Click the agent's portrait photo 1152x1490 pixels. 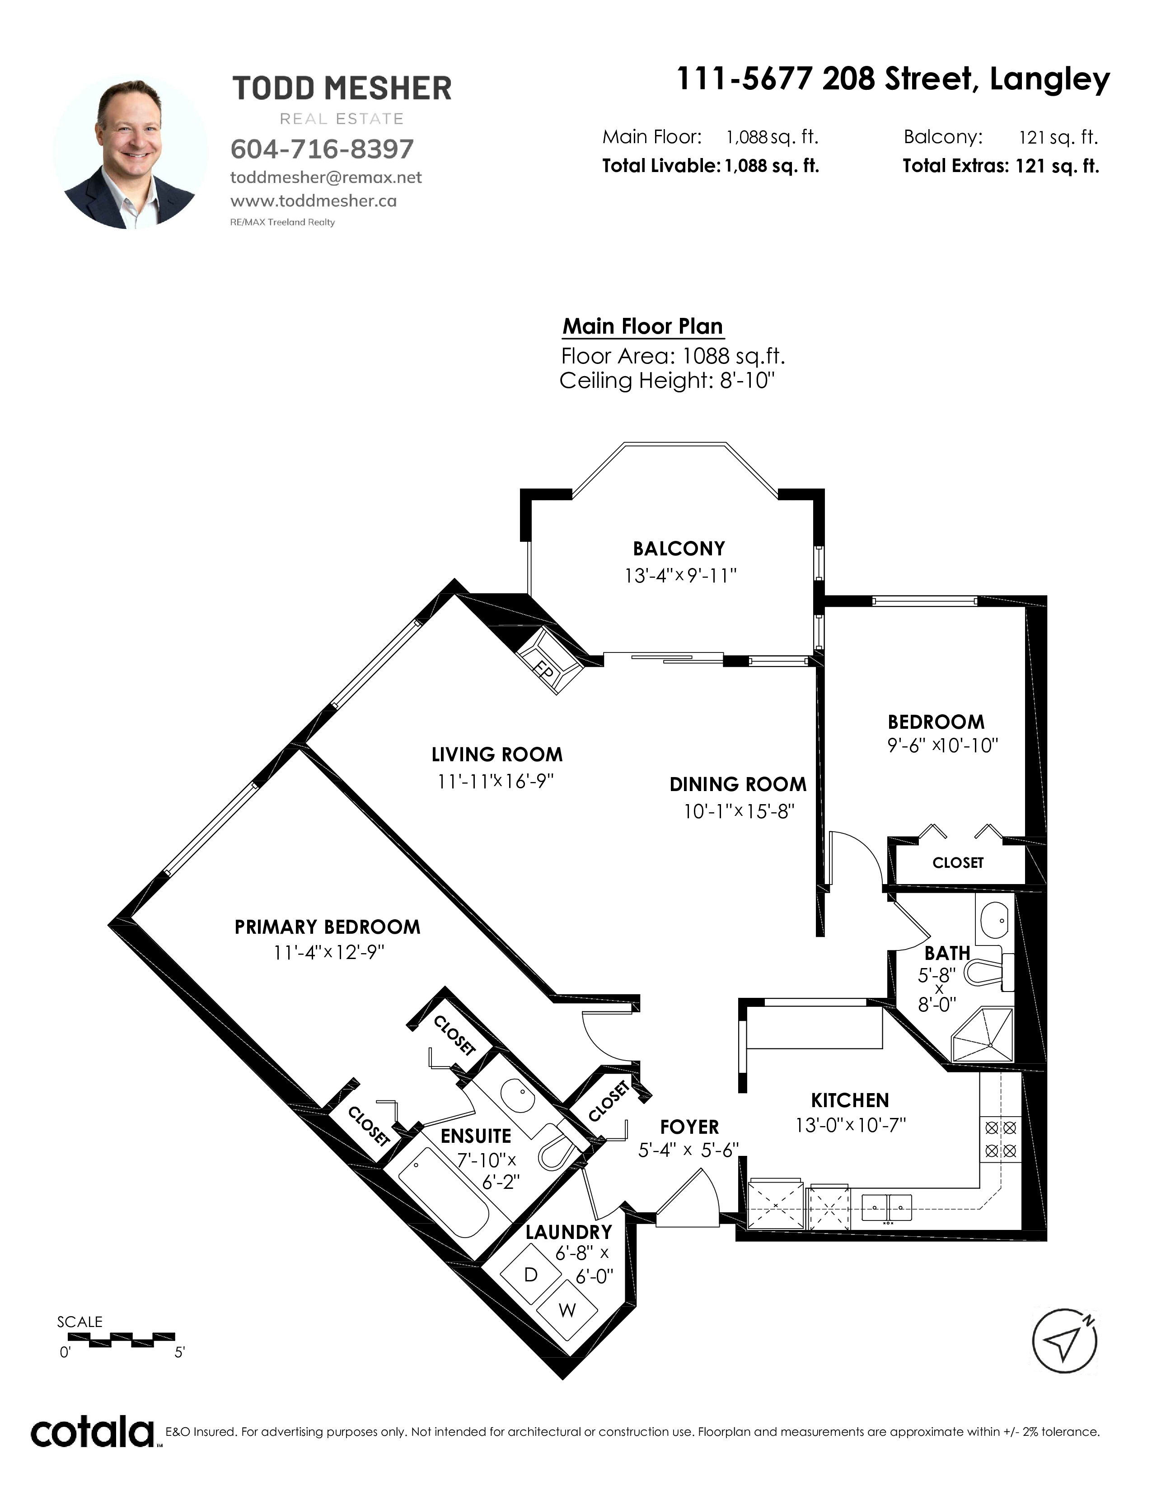pyautogui.click(x=131, y=152)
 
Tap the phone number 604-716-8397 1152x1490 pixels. pyautogui.click(x=322, y=149)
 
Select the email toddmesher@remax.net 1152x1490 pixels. pyautogui.click(x=326, y=177)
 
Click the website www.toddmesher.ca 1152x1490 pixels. pyautogui.click(x=314, y=201)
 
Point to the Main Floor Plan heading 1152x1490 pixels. pyautogui.click(x=642, y=327)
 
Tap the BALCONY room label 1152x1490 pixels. pyautogui.click(x=679, y=549)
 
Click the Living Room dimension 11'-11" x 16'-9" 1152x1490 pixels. pyautogui.click(x=496, y=781)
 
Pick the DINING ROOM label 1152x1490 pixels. pyautogui.click(x=738, y=785)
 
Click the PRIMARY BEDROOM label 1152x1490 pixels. pyautogui.click(x=327, y=927)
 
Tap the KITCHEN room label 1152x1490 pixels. pyautogui.click(x=850, y=1100)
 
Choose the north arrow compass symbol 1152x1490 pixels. pyautogui.click(x=1065, y=1341)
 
